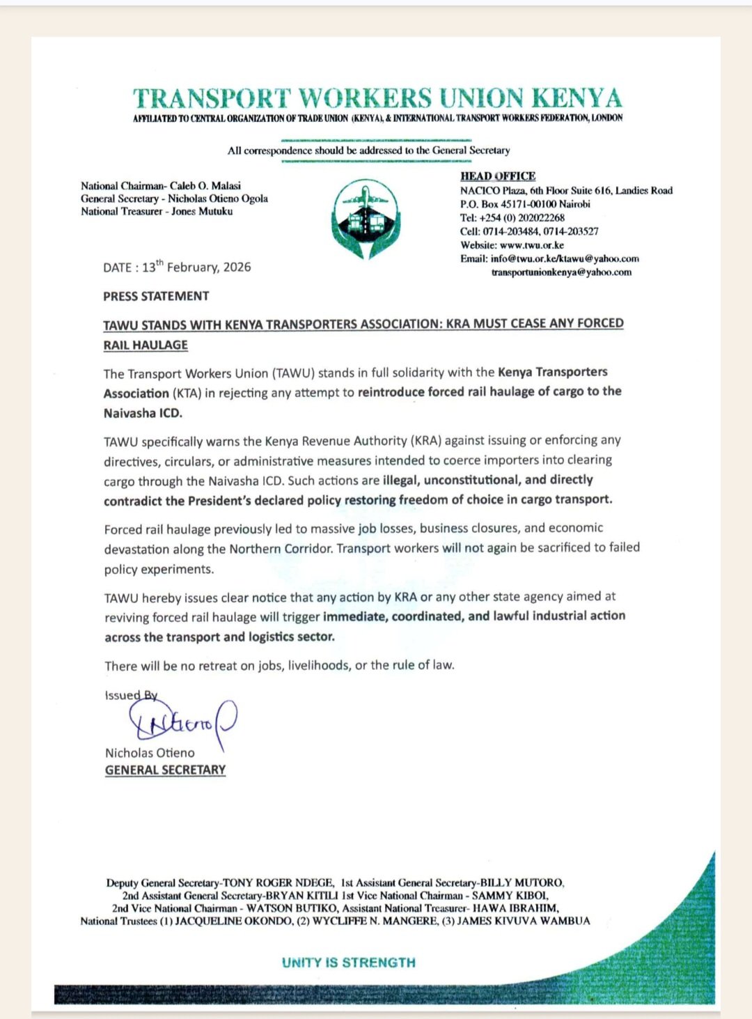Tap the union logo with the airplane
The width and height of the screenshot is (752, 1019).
[x=366, y=219]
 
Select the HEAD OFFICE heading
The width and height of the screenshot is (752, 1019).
[x=498, y=176]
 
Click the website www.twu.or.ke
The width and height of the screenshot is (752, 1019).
[x=532, y=245]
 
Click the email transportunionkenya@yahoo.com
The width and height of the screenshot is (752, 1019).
[x=561, y=272]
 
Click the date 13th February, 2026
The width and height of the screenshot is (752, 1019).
[x=196, y=267]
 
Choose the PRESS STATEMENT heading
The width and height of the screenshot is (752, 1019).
[x=156, y=296]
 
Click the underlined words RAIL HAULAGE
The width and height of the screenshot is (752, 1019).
[x=146, y=345]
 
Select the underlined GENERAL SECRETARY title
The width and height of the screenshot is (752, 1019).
[x=165, y=770]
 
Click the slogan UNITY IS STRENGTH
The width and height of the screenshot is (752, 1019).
[x=349, y=963]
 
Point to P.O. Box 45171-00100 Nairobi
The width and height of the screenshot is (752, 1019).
[x=525, y=204]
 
